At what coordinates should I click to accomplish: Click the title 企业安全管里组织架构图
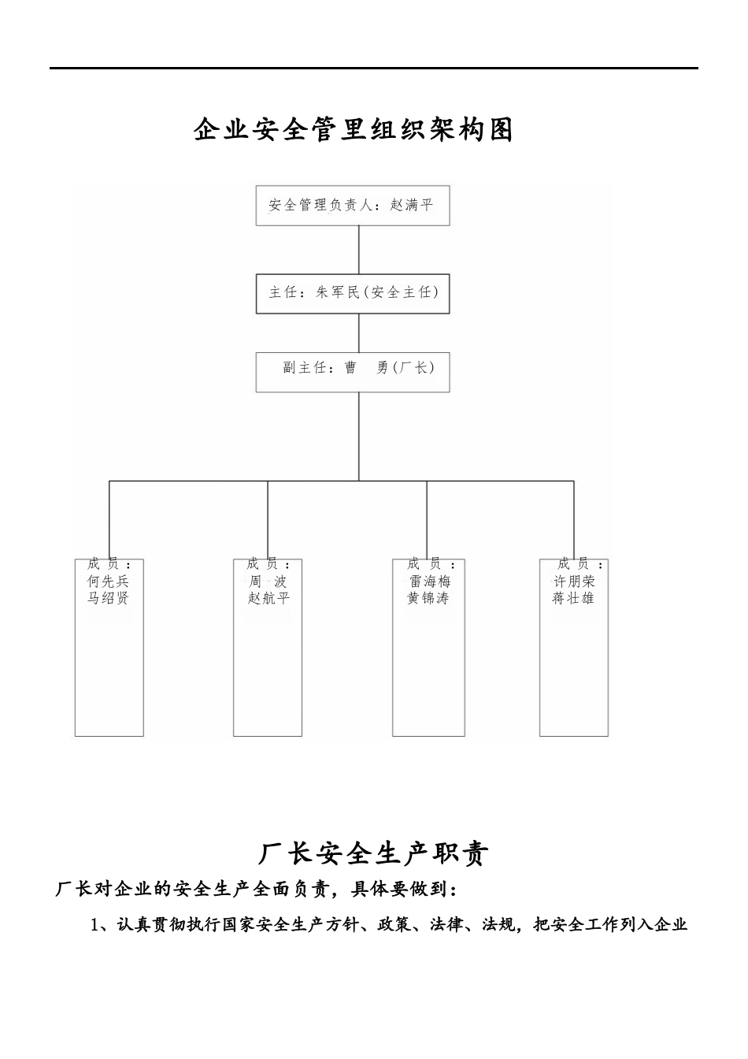pyautogui.click(x=354, y=130)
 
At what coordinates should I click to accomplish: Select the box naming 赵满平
pyautogui.click(x=352, y=206)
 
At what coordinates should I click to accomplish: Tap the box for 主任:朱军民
pyautogui.click(x=352, y=292)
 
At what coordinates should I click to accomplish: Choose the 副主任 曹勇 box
pyautogui.click(x=352, y=371)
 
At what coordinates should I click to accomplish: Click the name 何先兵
pyautogui.click(x=109, y=582)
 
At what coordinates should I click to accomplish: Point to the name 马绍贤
pyautogui.click(x=109, y=598)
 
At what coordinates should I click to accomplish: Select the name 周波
pyautogui.click(x=268, y=582)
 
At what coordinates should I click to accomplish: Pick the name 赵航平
pyautogui.click(x=268, y=598)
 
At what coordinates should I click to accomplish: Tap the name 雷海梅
pyautogui.click(x=430, y=582)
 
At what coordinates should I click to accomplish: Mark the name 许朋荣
pyautogui.click(x=574, y=582)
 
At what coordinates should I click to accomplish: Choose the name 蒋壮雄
pyautogui.click(x=573, y=598)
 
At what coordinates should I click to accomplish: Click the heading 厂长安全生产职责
pyautogui.click(x=374, y=853)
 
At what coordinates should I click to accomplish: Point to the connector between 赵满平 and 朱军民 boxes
pyautogui.click(x=359, y=250)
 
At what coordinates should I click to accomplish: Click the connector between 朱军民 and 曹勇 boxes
pyautogui.click(x=359, y=333)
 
